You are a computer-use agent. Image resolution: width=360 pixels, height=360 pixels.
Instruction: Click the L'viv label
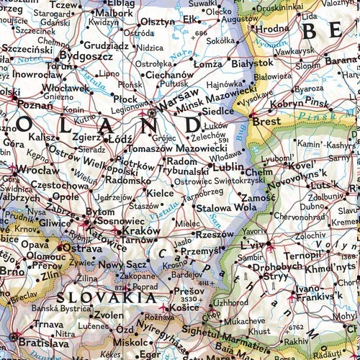253,245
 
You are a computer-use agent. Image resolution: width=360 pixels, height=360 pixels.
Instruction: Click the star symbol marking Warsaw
152,113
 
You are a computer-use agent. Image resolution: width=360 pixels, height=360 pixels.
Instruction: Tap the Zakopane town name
138,275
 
